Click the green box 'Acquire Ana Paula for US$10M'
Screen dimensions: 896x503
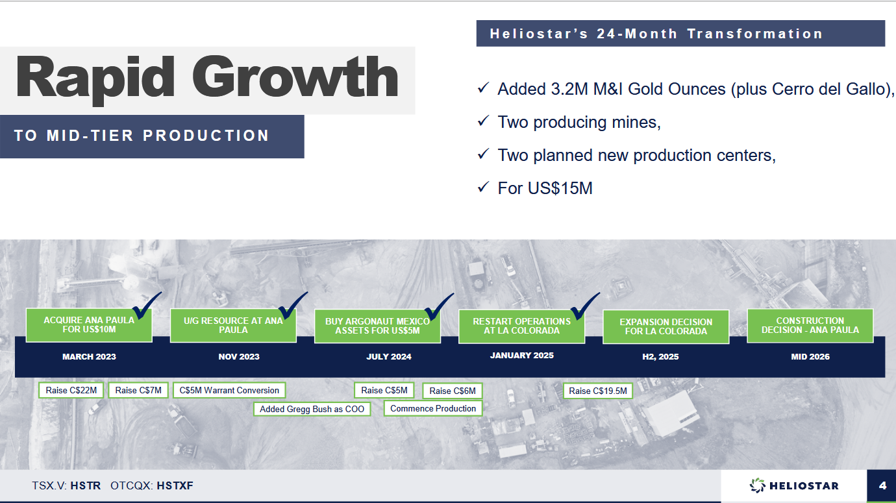[x=89, y=325]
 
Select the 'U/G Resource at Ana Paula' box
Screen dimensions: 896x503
[x=233, y=325]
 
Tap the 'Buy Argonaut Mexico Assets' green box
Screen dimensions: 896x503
[x=377, y=326]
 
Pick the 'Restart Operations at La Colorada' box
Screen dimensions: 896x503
[x=521, y=326]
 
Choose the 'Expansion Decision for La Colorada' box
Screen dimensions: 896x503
[x=666, y=326]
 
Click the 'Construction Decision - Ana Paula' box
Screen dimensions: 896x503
[x=810, y=325]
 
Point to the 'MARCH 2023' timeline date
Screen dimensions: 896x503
[x=89, y=357]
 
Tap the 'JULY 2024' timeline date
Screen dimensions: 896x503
[x=389, y=357]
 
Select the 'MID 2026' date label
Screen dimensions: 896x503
[x=810, y=357]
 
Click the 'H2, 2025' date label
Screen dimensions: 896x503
[x=660, y=357]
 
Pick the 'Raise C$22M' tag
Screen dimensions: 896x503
[x=71, y=390]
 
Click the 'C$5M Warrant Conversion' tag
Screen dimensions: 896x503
[x=229, y=390]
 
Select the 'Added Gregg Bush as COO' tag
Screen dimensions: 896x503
[x=312, y=409]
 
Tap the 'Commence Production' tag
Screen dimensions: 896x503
[x=433, y=409]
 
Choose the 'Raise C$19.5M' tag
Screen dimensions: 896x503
[x=598, y=391]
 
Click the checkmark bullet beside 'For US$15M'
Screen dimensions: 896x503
[x=483, y=187]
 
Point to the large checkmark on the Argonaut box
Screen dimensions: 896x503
[x=439, y=306]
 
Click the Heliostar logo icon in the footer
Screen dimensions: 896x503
[x=757, y=485]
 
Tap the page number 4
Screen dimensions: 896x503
[x=883, y=486]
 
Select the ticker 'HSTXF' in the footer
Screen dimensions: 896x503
[x=175, y=486]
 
